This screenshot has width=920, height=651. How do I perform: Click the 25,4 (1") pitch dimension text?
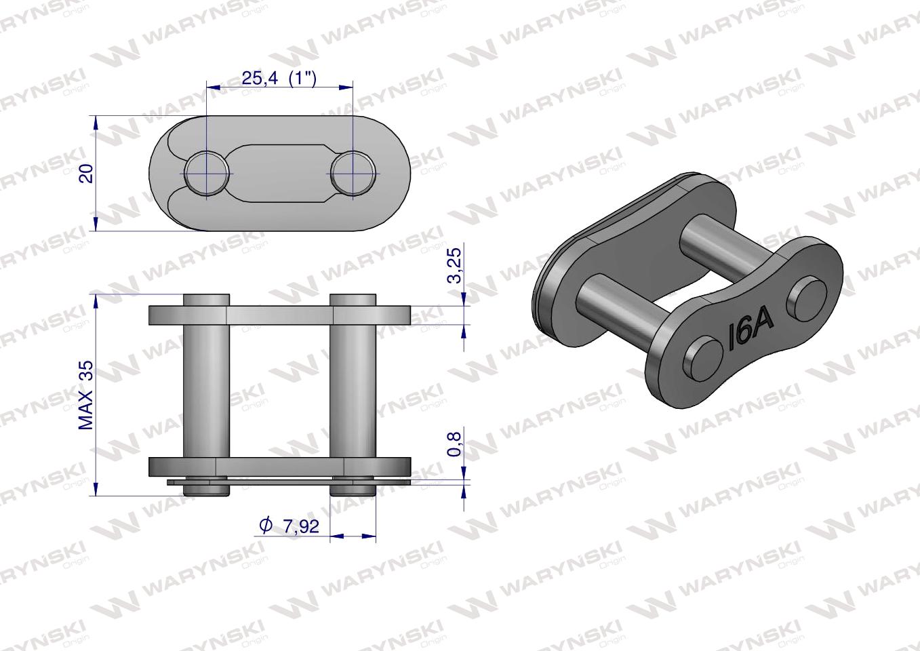(279, 79)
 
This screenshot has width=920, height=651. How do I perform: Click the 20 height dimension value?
(86, 174)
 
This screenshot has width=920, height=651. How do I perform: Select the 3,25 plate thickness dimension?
(456, 265)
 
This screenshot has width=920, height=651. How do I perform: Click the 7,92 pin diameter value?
(296, 527)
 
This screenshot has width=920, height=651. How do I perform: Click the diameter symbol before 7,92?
(266, 525)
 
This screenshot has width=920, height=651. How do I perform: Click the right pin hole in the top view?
(353, 173)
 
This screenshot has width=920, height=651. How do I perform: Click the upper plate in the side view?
(279, 315)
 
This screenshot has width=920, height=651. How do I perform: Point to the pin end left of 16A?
(701, 357)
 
